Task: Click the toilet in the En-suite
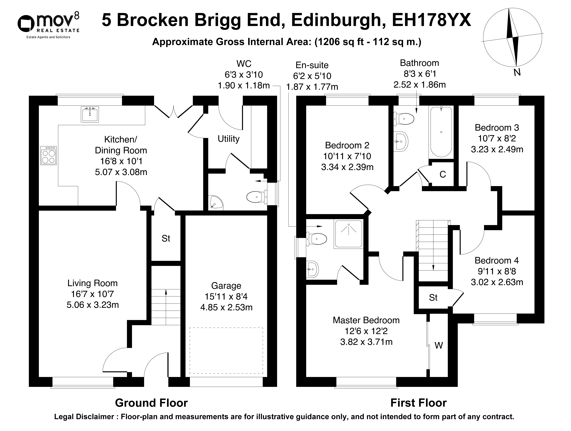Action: click(x=316, y=238)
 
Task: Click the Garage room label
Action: click(x=226, y=286)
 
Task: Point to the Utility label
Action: click(x=228, y=139)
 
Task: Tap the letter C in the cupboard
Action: click(x=443, y=175)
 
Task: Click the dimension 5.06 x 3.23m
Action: click(x=93, y=305)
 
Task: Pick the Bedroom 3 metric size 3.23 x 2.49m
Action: click(x=497, y=149)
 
